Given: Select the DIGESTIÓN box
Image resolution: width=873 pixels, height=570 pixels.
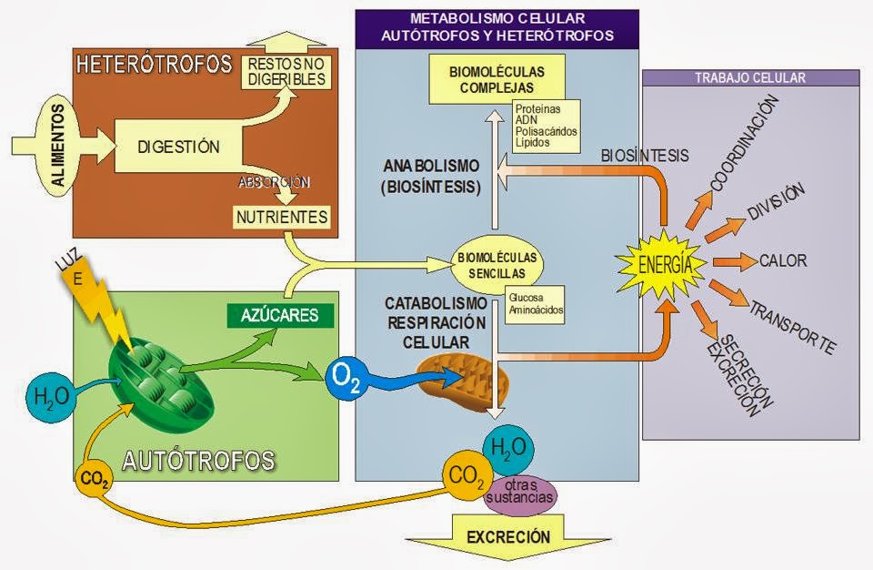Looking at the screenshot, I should point(178,147).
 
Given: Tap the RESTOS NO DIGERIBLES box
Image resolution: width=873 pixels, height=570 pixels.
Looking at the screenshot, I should point(286,71).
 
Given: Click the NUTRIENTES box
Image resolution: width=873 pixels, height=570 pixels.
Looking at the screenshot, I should point(282,218).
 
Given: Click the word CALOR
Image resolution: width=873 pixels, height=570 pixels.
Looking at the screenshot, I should point(782,261).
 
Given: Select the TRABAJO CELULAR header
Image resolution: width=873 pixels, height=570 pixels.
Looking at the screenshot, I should point(750,78).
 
